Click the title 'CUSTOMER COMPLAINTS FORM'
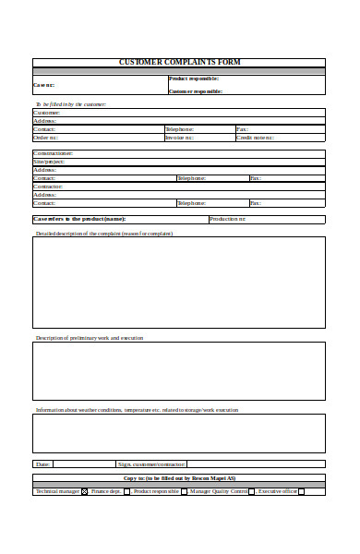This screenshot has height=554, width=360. (179, 63)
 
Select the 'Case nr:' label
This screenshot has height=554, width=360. (44, 85)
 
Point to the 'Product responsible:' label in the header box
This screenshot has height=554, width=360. (194, 79)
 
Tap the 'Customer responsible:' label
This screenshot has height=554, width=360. (195, 91)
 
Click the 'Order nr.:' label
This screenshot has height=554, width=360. (45, 138)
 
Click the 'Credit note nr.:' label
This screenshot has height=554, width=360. (255, 138)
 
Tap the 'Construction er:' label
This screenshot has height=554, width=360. (54, 153)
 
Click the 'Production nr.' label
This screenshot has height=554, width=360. (228, 219)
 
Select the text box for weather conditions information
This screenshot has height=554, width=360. (179, 433)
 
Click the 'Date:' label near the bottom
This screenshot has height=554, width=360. (42, 464)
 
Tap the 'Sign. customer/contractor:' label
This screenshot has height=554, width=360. (151, 464)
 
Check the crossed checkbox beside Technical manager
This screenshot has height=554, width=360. (85, 492)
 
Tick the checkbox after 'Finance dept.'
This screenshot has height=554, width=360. (126, 492)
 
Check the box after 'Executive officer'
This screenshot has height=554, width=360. (301, 492)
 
